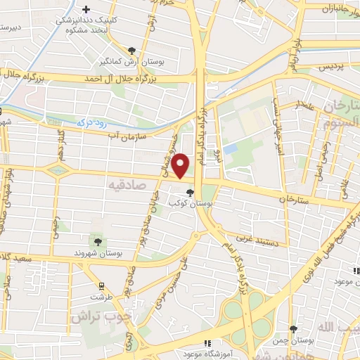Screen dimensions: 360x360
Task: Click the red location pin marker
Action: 181,165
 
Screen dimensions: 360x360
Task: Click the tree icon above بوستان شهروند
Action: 97,241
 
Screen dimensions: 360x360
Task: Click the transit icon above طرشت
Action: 103,285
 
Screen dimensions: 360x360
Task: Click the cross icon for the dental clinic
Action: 86,9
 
